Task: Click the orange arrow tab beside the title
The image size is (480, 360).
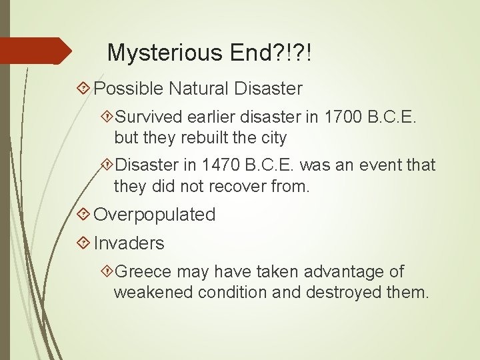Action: tap(36, 51)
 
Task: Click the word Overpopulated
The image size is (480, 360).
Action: tap(155, 215)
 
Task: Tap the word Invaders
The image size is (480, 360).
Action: tap(129, 243)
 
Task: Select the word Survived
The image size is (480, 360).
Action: tap(149, 118)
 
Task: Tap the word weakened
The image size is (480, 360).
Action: tap(151, 291)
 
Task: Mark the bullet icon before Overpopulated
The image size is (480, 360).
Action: tap(83, 215)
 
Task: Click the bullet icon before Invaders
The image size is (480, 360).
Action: tap(83, 243)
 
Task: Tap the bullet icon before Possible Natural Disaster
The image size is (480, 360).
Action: tap(83, 88)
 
